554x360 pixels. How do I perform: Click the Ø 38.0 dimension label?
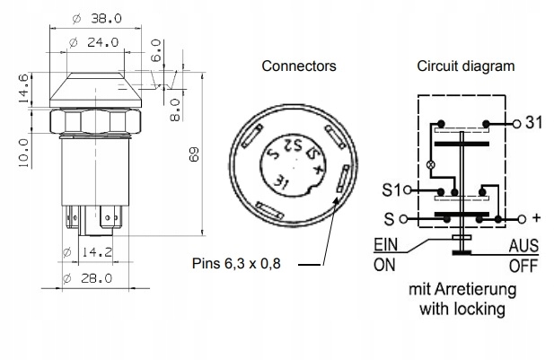pos(97,18)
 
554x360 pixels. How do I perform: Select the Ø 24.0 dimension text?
pos(94,42)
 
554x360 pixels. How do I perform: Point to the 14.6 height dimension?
pos(23,88)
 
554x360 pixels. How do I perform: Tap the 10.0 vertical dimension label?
pos(23,153)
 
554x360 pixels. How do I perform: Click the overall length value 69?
pos(194,154)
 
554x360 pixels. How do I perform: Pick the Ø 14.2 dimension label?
pos(88,252)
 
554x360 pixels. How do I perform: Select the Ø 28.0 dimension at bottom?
pos(87,278)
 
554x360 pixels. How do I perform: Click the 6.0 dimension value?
pos(156,50)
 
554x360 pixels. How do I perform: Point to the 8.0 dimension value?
pos(175,110)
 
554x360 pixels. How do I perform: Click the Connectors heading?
pos(299,66)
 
